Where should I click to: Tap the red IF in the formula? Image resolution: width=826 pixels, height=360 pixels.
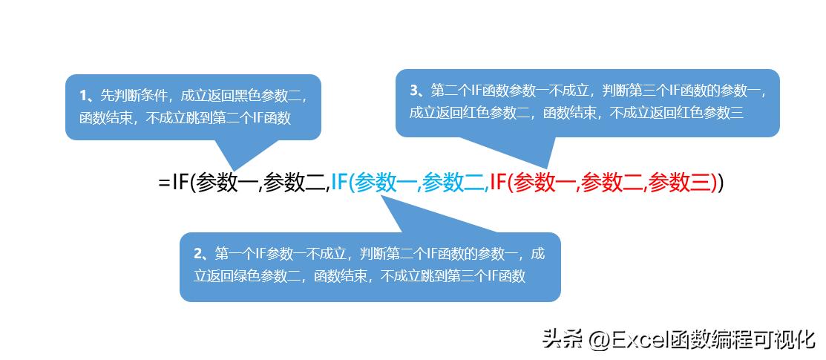[x=499, y=183]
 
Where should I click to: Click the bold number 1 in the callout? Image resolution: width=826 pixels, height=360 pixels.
[x=83, y=95]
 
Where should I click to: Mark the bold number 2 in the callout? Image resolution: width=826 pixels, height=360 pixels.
[x=198, y=253]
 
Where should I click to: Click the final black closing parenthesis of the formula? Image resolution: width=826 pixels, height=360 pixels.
[x=720, y=183]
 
